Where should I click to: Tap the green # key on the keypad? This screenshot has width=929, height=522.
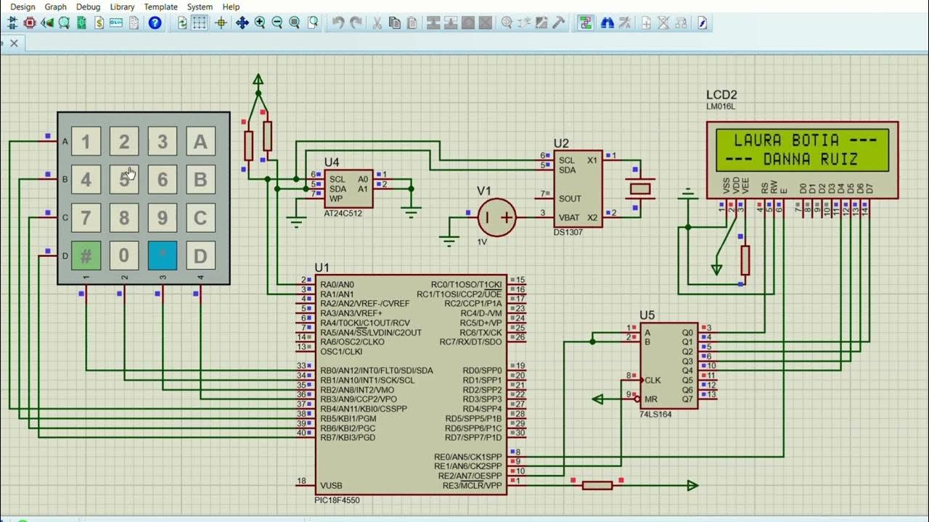coord(86,255)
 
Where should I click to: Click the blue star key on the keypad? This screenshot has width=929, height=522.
coord(163,255)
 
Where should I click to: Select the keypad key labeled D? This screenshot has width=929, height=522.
coord(200,255)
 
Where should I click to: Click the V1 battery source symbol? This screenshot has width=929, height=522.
coord(497,217)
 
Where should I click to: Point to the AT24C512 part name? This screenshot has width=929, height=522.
coord(343,214)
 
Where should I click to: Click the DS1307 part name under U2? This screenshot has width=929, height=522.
coord(568,233)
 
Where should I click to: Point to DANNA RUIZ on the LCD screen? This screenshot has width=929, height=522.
coord(811,159)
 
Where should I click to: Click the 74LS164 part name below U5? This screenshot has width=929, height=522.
coord(657,414)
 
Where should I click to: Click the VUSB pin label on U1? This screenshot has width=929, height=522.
coord(332,485)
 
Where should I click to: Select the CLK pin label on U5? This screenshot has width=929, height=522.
coord(652,380)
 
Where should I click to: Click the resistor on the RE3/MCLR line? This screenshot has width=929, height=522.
coord(597,485)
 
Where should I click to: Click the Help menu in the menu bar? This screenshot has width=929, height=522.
coord(231,7)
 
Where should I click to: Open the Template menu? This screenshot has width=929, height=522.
coord(160,7)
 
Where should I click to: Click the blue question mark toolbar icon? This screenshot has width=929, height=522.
coord(155,22)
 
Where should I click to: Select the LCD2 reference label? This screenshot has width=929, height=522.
coord(721,95)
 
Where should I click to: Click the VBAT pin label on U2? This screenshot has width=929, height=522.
coord(570,217)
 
